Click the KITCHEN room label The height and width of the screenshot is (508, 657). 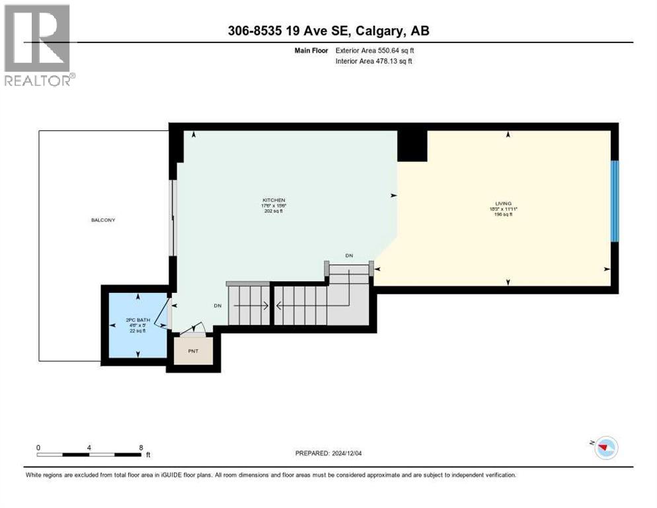click(274, 200)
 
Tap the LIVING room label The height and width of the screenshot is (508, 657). click(504, 203)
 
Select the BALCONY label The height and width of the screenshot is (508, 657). click(103, 220)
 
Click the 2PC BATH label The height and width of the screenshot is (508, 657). click(137, 320)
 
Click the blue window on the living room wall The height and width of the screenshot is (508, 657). click(615, 201)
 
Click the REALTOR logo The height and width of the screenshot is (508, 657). click(39, 45)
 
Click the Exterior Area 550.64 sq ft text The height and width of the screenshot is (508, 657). click(375, 50)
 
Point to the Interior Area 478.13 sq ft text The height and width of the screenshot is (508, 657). click(374, 62)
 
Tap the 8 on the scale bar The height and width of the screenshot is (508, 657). click(140, 447)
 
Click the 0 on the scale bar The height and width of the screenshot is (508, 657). click(38, 447)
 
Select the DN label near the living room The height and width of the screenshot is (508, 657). click(349, 255)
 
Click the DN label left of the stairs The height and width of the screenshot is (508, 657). click(217, 306)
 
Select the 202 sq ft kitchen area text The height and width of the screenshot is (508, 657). click(274, 212)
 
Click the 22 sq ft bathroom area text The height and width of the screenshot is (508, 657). click(137, 331)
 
